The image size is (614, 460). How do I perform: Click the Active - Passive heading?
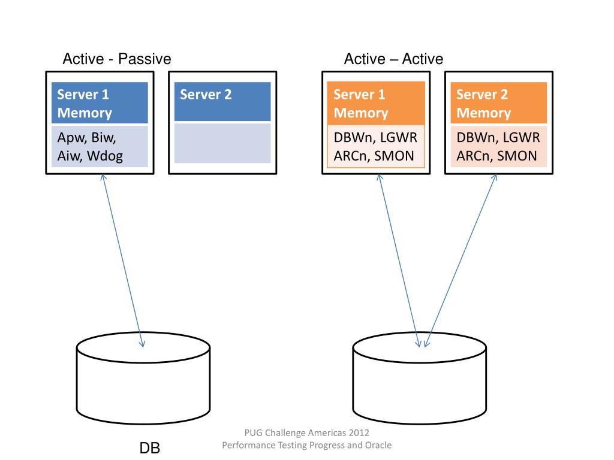pos(117,59)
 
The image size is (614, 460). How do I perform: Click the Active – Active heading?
pos(393,59)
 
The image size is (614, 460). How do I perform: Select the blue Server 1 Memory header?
pos(100,102)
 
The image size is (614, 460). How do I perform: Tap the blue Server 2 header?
pos(222,101)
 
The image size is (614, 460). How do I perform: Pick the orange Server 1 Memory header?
pos(376,103)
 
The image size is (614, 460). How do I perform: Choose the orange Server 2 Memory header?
pos(498,102)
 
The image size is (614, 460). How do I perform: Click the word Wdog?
pos(104,156)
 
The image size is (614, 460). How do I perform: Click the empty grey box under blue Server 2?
pos(222,143)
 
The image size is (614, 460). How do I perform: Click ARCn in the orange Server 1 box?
pos(350,156)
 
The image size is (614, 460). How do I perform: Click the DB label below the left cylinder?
pos(149,448)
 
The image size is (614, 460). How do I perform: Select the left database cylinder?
pos(143,378)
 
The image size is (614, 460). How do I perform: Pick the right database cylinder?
pos(419,378)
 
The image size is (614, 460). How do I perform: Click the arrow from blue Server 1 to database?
pos(123,261)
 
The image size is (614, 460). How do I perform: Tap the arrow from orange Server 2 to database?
pos(460,261)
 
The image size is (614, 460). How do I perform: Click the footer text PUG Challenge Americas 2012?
pos(306,432)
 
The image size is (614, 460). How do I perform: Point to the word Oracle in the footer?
pos(378,445)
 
